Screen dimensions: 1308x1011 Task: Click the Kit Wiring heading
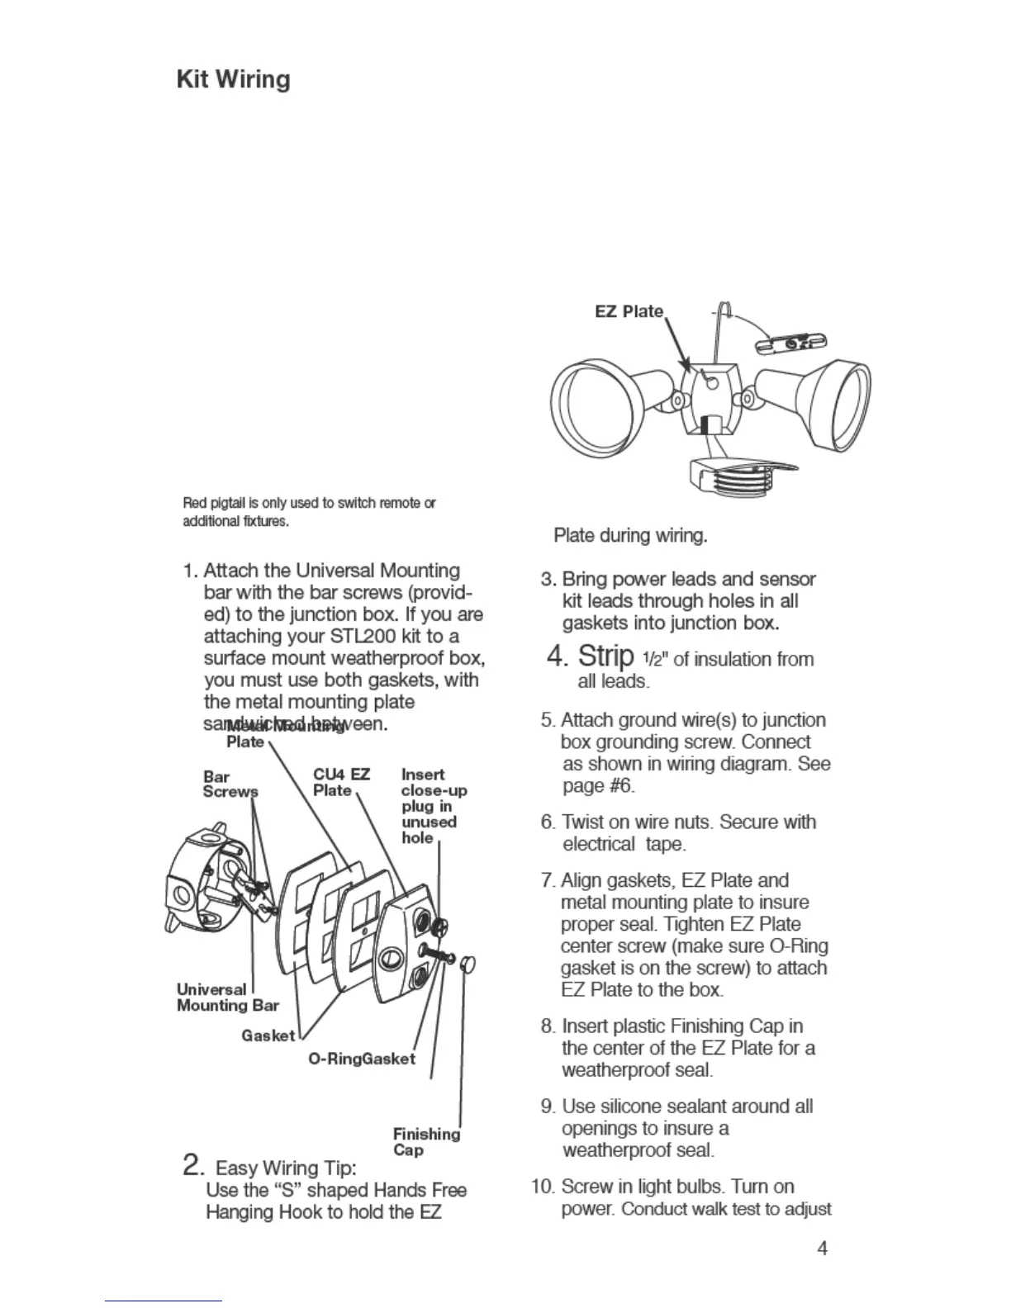[234, 80]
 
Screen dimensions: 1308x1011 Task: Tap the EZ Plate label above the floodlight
[629, 311]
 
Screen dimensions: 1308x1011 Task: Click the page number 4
[822, 1248]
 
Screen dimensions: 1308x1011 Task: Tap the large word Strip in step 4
[605, 656]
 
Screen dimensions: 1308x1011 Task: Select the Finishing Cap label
[426, 1142]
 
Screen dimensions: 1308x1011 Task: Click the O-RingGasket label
[362, 1059]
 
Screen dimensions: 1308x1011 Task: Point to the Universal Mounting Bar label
[227, 998]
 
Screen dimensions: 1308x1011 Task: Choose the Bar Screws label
[230, 784]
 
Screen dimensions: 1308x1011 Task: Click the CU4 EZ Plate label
[340, 782]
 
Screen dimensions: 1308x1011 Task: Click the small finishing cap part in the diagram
[468, 964]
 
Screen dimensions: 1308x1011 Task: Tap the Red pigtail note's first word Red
[193, 503]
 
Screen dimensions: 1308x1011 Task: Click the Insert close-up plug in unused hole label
[433, 806]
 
